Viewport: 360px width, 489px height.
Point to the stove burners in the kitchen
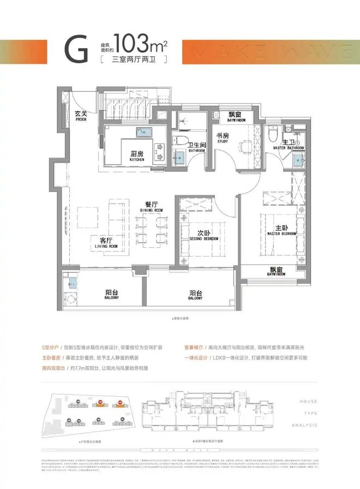point(160,148)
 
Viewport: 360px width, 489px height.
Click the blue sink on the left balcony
point(73,283)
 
